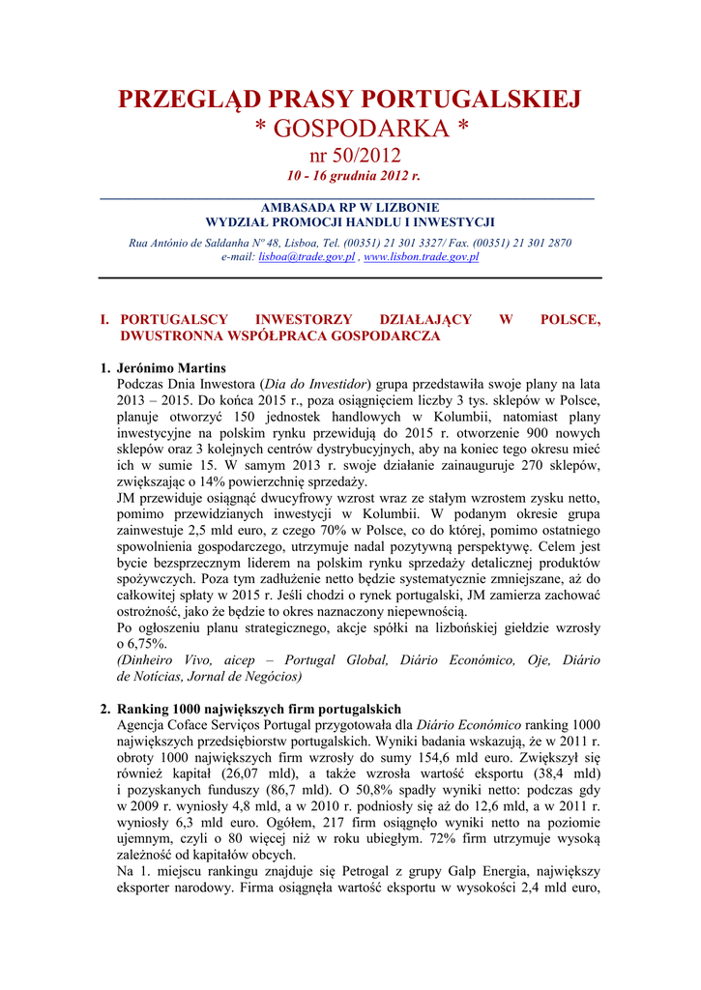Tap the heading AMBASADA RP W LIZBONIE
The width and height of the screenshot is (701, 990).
tap(350, 207)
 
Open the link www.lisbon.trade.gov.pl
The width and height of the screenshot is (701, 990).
tap(421, 257)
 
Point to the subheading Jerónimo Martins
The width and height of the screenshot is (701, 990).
tap(171, 368)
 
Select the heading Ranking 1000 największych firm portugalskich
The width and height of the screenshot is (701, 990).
tap(258, 709)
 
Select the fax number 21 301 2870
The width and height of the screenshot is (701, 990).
tap(539, 243)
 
